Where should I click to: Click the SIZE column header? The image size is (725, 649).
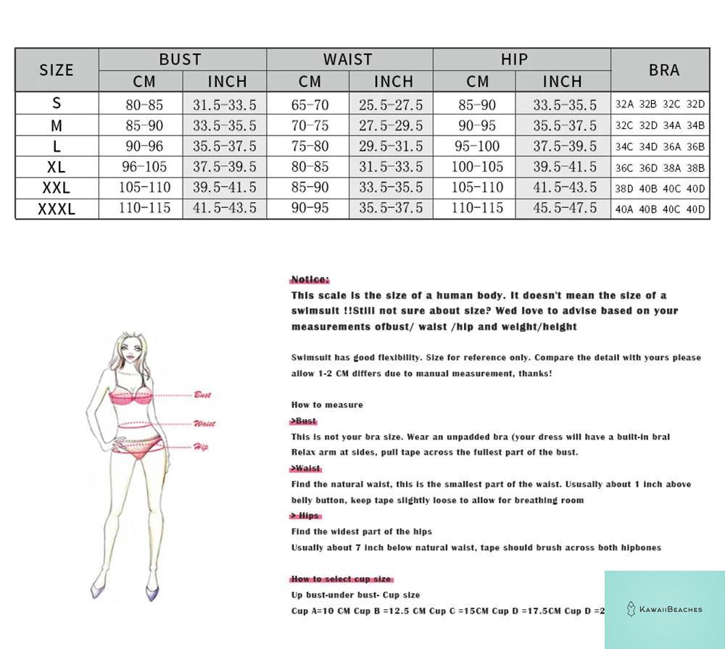click(x=57, y=70)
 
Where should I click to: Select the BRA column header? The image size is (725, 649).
click(x=664, y=70)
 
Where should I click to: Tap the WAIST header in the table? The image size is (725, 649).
click(x=348, y=59)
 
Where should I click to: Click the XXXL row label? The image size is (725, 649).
click(x=57, y=209)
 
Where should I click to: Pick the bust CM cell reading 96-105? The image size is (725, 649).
click(x=144, y=167)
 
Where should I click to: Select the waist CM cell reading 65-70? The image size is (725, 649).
click(x=310, y=105)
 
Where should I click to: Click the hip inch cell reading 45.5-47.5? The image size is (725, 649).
click(x=565, y=208)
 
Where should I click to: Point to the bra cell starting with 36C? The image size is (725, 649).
click(x=660, y=168)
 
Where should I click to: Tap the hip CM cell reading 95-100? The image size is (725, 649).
click(x=477, y=146)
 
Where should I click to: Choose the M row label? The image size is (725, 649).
click(x=57, y=126)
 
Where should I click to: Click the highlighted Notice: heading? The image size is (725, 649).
click(x=310, y=279)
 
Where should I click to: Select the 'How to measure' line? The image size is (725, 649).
click(x=327, y=405)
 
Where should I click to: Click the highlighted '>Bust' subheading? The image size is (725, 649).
click(x=304, y=421)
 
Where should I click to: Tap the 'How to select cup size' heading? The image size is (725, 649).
click(x=341, y=579)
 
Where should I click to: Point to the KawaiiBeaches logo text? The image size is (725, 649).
click(x=670, y=609)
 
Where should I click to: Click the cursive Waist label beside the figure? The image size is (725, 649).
click(x=204, y=423)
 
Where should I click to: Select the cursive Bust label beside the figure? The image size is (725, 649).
click(x=202, y=395)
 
